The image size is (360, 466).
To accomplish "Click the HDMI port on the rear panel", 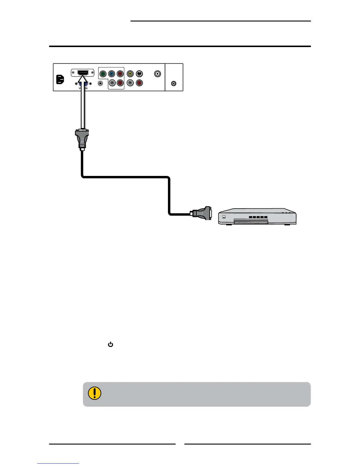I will pyautogui.click(x=82, y=72).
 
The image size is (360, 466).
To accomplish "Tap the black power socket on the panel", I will pyautogui.click(x=60, y=80).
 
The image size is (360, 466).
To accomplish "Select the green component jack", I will pyautogui.click(x=103, y=74).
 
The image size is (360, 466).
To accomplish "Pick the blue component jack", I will pyautogui.click(x=111, y=74).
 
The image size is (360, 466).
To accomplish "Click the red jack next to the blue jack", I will pyautogui.click(x=120, y=74).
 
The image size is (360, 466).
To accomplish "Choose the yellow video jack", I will pyautogui.click(x=130, y=74).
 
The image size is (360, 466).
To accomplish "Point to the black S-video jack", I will pyautogui.click(x=139, y=74).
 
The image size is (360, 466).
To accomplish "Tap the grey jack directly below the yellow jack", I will pyautogui.click(x=130, y=83).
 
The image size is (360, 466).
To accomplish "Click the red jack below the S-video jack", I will pyautogui.click(x=139, y=83).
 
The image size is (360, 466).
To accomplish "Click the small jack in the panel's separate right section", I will pyautogui.click(x=174, y=84).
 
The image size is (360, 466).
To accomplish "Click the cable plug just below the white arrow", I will pyautogui.click(x=82, y=139).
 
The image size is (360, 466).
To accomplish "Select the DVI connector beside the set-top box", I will pyautogui.click(x=203, y=213).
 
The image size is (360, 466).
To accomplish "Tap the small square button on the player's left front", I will pyautogui.click(x=224, y=217).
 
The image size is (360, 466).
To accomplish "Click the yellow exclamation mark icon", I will pyautogui.click(x=94, y=393).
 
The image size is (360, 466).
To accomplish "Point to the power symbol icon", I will pyautogui.click(x=111, y=344).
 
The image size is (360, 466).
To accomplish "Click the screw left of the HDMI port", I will pyautogui.click(x=73, y=73).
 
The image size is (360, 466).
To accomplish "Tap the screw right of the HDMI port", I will pyautogui.click(x=92, y=73).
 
